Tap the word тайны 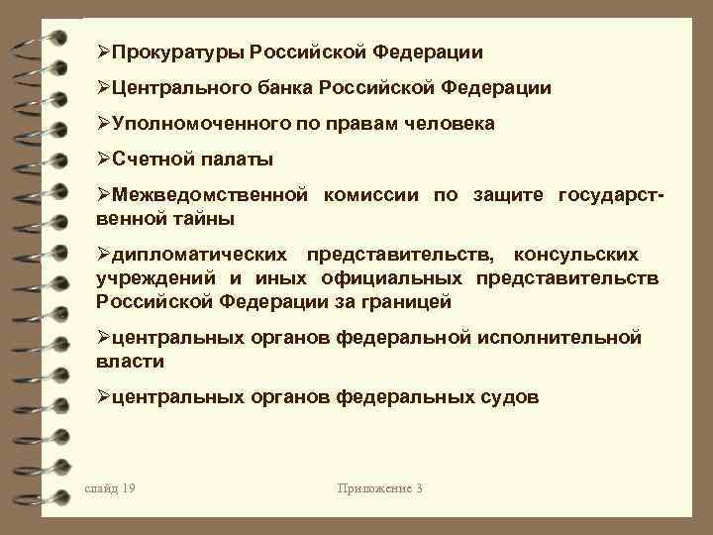pyautogui.click(x=204, y=217)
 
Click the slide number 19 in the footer pyautogui.click(x=111, y=488)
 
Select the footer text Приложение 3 pyautogui.click(x=380, y=488)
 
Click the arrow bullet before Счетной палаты pyautogui.click(x=105, y=159)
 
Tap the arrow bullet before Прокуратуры pyautogui.click(x=105, y=52)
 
